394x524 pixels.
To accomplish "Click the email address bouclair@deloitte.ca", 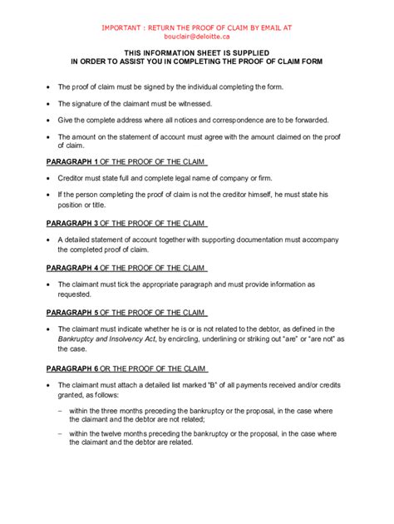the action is point(196,37).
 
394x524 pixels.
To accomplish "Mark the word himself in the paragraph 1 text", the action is point(268,195).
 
